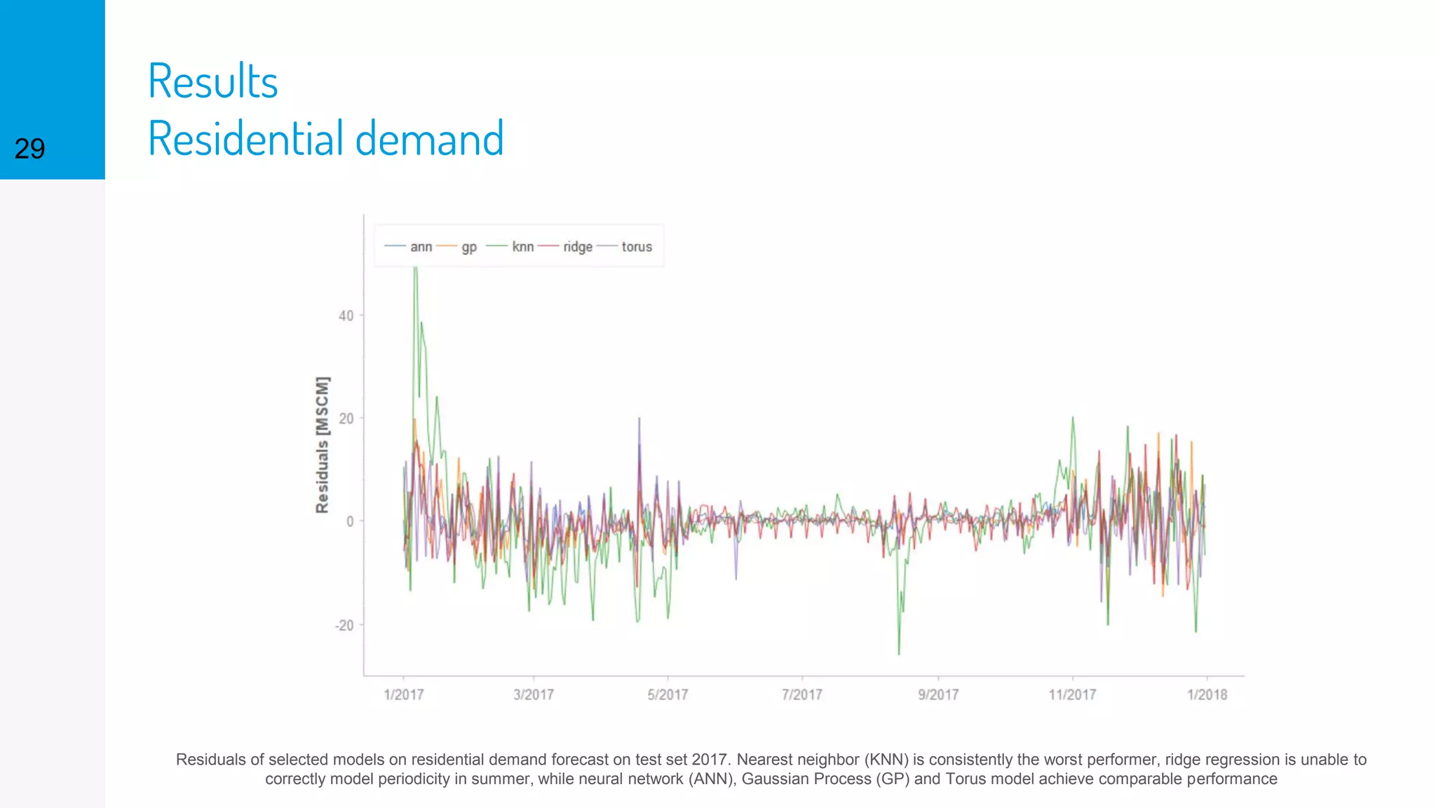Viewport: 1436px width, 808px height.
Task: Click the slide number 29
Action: (29, 149)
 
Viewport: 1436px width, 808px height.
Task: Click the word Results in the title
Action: (213, 81)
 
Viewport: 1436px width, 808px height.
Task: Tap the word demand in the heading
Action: (429, 138)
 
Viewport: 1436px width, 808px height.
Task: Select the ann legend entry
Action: (421, 247)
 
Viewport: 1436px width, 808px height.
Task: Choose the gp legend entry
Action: (469, 247)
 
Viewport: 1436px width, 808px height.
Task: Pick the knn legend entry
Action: (522, 247)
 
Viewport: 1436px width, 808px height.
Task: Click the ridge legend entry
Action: (577, 247)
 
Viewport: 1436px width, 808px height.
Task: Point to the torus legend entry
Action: (636, 247)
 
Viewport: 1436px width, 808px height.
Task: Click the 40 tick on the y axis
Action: (346, 316)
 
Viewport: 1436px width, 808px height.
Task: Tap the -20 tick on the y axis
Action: (344, 625)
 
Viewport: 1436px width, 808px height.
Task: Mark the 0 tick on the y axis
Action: (350, 521)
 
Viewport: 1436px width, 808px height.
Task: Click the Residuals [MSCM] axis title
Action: (322, 445)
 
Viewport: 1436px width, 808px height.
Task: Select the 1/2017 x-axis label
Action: (404, 694)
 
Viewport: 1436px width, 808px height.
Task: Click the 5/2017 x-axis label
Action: (668, 694)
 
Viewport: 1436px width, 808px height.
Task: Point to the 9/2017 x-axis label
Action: (938, 694)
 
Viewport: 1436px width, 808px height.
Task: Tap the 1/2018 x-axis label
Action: (1207, 694)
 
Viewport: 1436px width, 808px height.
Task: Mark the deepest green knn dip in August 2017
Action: (899, 652)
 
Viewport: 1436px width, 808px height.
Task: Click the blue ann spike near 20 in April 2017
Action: (639, 420)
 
